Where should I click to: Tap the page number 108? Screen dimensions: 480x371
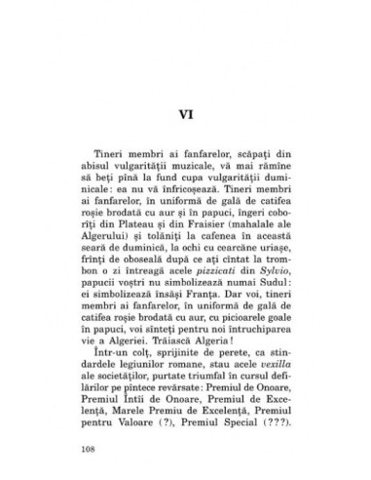76,452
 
